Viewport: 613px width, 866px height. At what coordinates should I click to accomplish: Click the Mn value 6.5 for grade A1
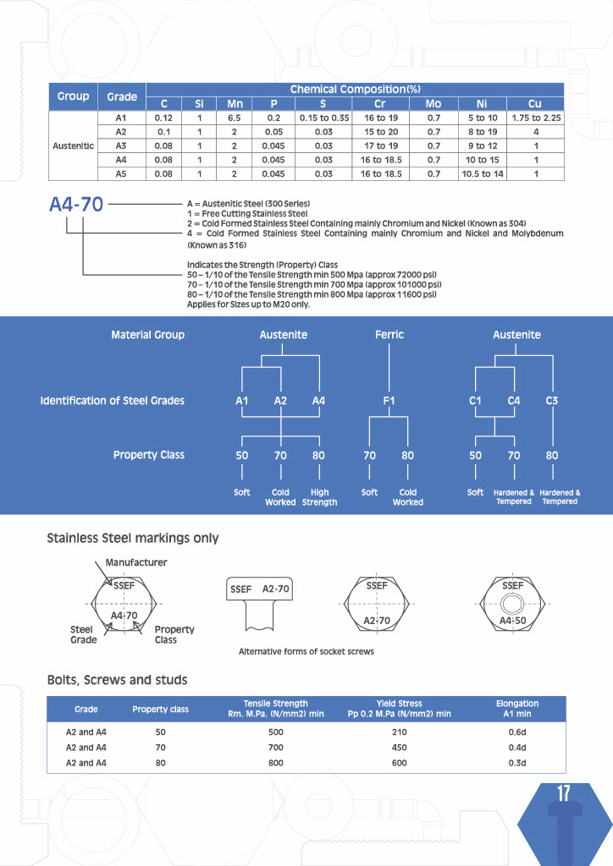pos(235,118)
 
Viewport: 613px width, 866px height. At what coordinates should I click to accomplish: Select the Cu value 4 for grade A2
pos(535,132)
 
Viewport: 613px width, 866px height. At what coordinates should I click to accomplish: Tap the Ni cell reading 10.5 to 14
pos(482,173)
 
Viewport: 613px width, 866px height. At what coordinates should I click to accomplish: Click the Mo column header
pos(434,104)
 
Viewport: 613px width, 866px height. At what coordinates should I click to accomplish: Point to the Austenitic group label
pos(74,145)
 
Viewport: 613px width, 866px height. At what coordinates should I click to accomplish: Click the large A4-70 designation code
pos(76,204)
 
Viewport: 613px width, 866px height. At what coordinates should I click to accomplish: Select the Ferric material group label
pos(389,335)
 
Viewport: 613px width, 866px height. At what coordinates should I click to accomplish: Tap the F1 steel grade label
pos(389,401)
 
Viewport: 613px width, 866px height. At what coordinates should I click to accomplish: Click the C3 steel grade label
pos(552,401)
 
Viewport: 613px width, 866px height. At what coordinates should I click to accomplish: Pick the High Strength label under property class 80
pos(319,497)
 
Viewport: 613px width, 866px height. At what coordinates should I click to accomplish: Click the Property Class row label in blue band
pos(148,455)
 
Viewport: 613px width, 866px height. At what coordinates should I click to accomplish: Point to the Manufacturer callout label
pos(136,562)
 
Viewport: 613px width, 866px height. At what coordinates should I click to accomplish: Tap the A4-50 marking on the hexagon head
pos(513,621)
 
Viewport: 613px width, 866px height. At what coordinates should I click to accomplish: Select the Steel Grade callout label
pos(83,634)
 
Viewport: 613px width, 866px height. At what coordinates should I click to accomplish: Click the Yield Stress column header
pos(399,709)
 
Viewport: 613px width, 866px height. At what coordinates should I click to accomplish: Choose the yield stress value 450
pos(399,748)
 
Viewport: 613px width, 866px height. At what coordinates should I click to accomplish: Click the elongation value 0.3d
pos(517,763)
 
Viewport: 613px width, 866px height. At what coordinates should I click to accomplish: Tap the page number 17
pos(564,793)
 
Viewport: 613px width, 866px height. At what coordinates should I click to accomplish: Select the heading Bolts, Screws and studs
pos(117,680)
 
